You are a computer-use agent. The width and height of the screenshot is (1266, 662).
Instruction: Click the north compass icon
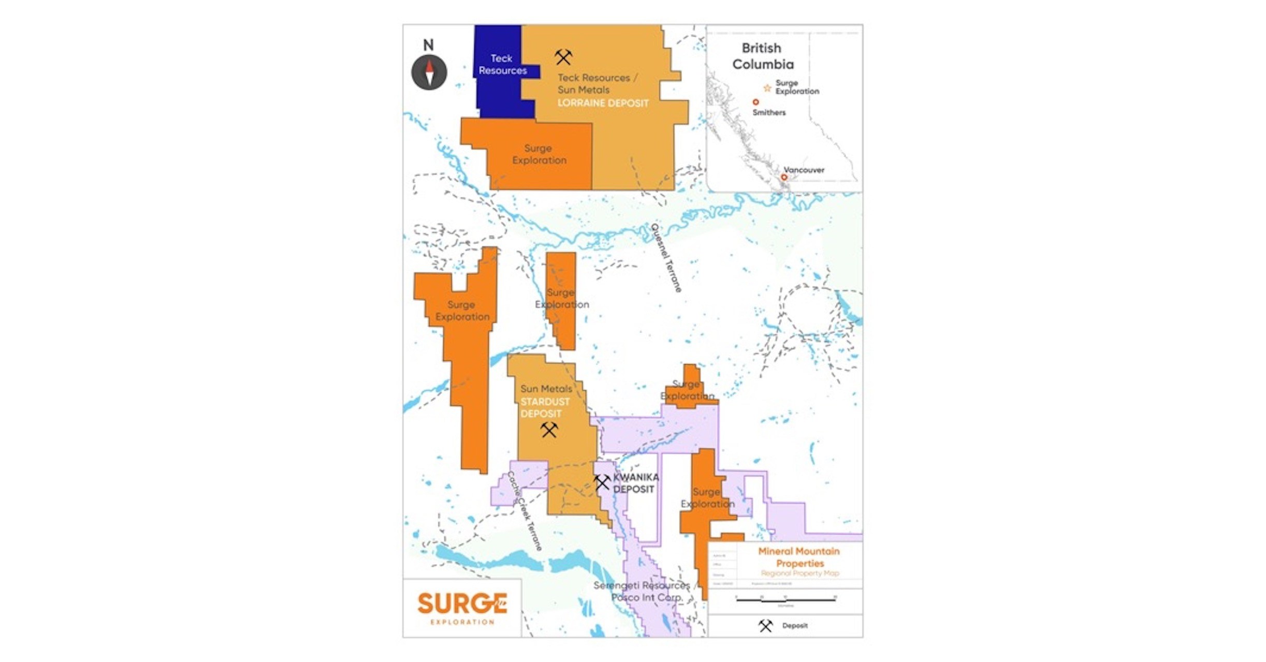point(429,72)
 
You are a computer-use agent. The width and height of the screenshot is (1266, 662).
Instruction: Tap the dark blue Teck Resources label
point(502,65)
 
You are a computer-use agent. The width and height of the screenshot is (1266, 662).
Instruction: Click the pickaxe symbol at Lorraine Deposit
point(563,57)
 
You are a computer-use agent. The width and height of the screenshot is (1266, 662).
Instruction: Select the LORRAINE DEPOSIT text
point(603,103)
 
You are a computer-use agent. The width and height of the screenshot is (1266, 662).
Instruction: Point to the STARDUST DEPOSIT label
point(544,408)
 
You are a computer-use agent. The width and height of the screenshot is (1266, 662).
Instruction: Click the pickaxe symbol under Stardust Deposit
point(549,430)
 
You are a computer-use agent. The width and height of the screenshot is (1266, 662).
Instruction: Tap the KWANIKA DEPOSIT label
point(635,483)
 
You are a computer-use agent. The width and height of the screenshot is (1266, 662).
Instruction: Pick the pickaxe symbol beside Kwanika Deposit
point(602,482)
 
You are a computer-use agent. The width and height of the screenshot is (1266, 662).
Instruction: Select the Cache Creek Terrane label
point(525,510)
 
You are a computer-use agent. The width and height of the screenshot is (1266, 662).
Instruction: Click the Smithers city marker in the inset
point(755,102)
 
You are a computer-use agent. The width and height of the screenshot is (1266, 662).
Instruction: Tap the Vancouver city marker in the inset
point(784,178)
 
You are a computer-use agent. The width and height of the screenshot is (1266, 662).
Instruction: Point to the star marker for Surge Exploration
point(767,88)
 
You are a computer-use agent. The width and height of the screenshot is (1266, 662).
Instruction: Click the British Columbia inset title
point(762,56)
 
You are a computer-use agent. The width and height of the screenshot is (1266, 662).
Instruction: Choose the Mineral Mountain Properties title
point(799,557)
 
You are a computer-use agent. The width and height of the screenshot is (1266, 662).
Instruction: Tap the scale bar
point(785,600)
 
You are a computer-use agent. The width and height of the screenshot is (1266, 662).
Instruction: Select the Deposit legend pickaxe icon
point(765,626)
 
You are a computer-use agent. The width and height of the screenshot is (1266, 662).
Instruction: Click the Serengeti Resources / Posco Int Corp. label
point(642,591)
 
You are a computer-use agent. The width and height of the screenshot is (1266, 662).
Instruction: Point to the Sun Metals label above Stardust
point(546,389)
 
